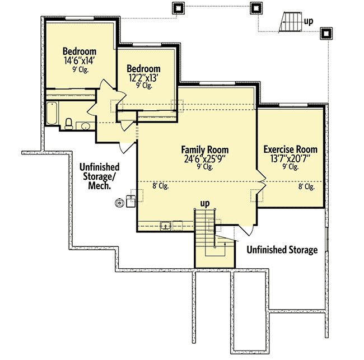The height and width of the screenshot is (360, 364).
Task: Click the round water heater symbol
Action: pos(119,203)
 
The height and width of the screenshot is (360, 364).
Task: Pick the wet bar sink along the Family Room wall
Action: pos(166,226)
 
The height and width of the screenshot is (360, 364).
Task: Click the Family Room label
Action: pos(204,149)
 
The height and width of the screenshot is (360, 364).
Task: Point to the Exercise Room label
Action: pos(290,149)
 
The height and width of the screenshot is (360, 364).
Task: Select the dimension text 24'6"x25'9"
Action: pos(204,158)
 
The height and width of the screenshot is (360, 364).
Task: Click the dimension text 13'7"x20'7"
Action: pos(290,158)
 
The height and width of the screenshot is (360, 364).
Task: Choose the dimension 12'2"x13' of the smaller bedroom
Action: pos(143,78)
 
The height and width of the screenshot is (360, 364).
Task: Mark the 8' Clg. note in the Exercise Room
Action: pos(306,186)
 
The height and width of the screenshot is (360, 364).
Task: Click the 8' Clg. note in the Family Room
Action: pos(160,186)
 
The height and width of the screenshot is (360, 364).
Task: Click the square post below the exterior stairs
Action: pos(325,34)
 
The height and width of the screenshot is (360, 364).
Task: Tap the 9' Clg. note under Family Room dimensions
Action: pos(204,166)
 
